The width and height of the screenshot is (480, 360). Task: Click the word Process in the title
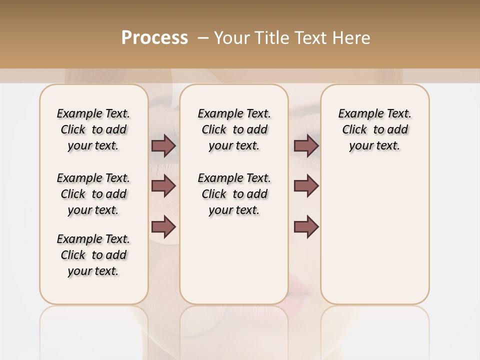pos(154,37)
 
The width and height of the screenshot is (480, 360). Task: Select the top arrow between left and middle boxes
pos(163,145)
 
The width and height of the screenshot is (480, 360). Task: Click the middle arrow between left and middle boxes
pos(163,186)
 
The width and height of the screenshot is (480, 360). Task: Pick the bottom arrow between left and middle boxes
pos(163,227)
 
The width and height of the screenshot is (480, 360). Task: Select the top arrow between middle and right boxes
pos(306,145)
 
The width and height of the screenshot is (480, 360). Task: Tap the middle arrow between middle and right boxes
pos(306,186)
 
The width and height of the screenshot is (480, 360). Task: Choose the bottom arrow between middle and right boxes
pos(306,227)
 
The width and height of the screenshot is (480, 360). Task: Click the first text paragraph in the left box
pos(93,129)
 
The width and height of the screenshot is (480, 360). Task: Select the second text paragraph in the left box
pos(93,194)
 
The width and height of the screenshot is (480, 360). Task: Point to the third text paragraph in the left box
pos(93,255)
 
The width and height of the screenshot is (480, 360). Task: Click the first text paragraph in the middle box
pos(234,129)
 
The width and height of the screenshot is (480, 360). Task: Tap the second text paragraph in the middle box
pos(234,194)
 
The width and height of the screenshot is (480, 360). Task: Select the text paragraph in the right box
pos(374,129)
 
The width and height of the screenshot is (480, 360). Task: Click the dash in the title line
pos(203,37)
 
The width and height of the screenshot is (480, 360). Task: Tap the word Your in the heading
pos(230,37)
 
